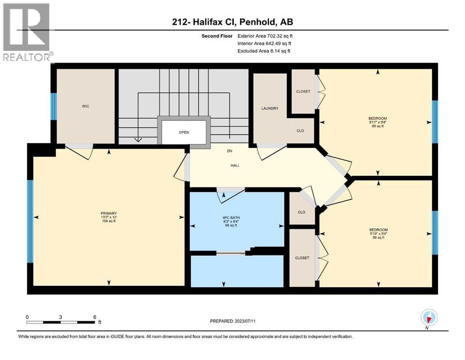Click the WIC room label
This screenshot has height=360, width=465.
point(85,106)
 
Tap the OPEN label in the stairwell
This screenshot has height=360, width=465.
point(184,132)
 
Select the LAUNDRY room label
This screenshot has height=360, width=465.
point(270,108)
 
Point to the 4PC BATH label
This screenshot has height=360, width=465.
point(230,217)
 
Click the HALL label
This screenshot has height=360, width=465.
point(235,165)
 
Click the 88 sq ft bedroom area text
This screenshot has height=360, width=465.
point(377,238)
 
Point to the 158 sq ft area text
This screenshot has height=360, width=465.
point(108,221)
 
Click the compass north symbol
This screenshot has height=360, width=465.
point(429,318)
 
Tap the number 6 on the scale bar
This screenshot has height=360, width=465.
point(95,317)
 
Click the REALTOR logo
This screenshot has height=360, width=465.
point(27,32)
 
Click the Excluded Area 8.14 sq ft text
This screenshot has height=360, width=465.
point(264,51)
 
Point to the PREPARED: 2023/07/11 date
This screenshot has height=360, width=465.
point(233,321)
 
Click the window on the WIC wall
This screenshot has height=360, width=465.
point(53,106)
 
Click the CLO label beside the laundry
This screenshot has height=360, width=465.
point(300,130)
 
